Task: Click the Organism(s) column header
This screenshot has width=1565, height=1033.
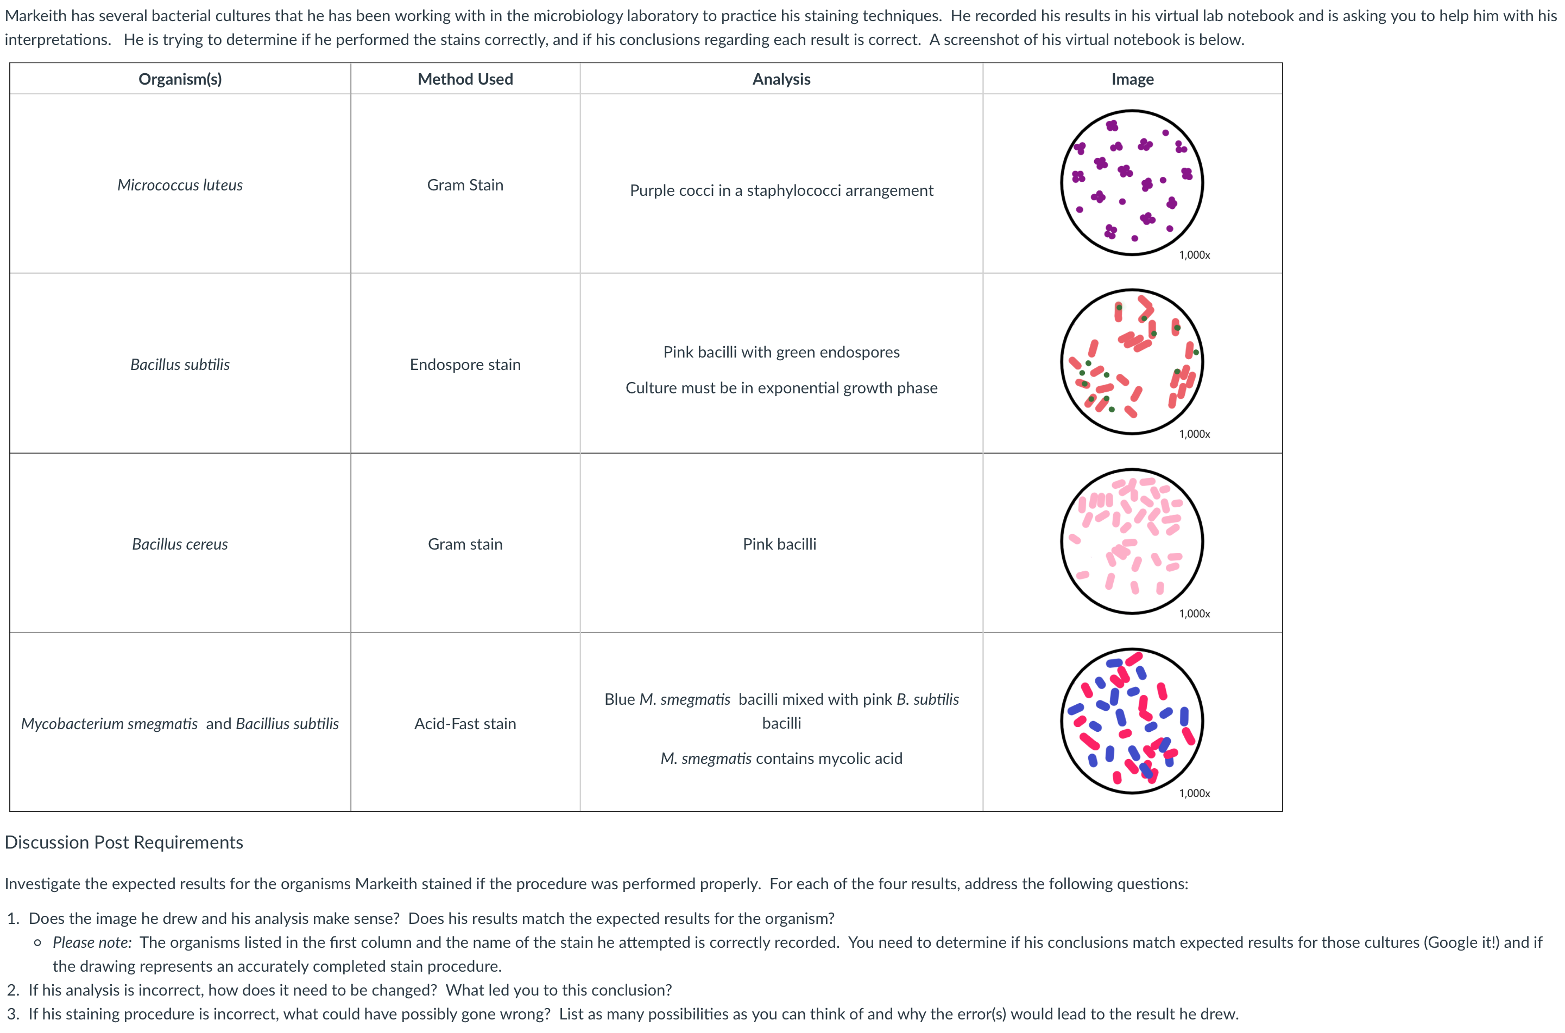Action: tap(180, 79)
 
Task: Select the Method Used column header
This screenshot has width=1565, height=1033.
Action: tap(465, 79)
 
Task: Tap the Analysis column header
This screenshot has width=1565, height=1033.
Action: tap(781, 79)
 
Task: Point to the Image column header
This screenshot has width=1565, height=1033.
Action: tap(1132, 79)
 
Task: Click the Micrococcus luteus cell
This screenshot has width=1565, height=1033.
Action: tap(180, 185)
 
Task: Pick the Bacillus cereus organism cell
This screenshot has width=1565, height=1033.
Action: tap(180, 544)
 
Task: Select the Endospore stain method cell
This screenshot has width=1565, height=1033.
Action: tap(465, 365)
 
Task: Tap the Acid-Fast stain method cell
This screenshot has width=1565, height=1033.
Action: tap(465, 723)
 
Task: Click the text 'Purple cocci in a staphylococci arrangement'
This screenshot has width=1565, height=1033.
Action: tap(781, 190)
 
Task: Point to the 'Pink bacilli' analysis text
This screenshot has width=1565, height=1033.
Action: tap(779, 544)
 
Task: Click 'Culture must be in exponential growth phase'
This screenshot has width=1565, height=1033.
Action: tap(781, 388)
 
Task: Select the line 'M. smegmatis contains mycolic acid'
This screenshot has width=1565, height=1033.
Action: tap(781, 758)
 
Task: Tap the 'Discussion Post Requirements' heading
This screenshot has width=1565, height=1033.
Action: tap(124, 843)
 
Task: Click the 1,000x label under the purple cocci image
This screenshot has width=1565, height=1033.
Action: tap(1194, 255)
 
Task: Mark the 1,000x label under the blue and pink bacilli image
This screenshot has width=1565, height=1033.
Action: tap(1194, 793)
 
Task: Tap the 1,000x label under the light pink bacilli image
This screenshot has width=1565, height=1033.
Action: tap(1194, 614)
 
